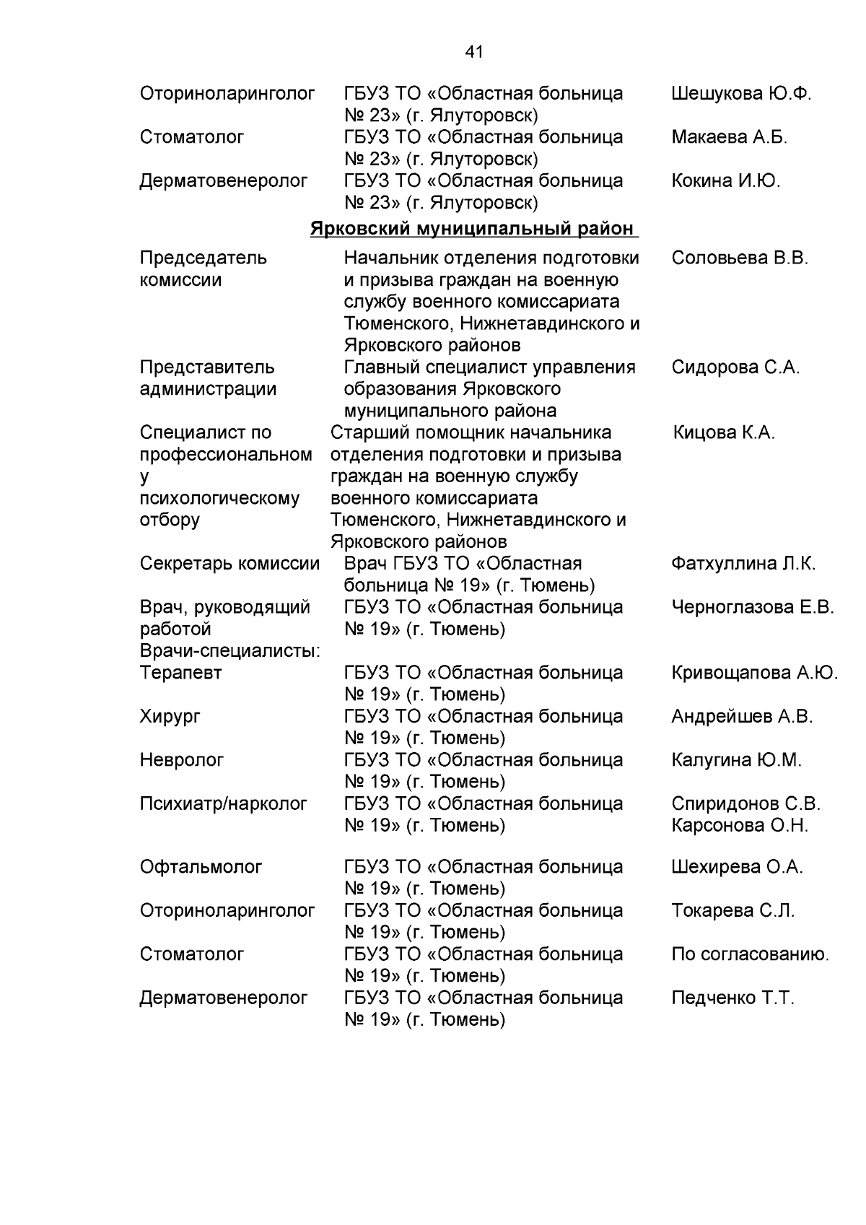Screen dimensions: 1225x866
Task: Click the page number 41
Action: tap(474, 52)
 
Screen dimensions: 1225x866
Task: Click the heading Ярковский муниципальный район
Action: tap(473, 229)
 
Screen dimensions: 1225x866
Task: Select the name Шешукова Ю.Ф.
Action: tap(741, 93)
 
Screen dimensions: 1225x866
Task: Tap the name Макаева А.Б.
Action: tap(729, 137)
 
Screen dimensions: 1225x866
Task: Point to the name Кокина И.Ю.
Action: tap(726, 180)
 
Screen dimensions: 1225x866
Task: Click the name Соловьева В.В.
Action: tap(740, 258)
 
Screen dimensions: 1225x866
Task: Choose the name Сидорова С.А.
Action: tap(735, 367)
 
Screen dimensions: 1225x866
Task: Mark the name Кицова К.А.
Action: tap(724, 432)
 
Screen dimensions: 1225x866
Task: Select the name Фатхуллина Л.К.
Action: tap(743, 564)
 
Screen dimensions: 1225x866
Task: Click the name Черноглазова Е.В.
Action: tap(753, 607)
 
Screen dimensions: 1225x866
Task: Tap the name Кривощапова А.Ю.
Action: tap(754, 673)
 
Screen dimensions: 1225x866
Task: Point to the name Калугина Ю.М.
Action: tap(736, 760)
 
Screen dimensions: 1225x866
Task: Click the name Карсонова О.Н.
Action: tap(740, 825)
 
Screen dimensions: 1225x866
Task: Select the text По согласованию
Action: tap(750, 954)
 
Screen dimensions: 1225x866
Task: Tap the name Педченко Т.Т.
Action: tap(732, 998)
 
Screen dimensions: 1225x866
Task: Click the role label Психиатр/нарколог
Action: tap(224, 803)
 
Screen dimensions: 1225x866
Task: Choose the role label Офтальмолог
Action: tap(201, 867)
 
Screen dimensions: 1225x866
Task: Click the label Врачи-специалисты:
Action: tap(230, 651)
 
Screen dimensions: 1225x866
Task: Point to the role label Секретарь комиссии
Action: tap(229, 564)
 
